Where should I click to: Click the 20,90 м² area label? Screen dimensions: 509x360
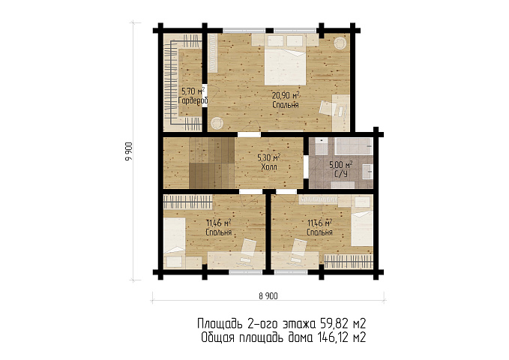286,95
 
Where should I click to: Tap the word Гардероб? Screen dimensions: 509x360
193,100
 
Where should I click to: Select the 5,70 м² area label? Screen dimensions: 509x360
193,91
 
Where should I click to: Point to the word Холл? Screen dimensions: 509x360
269,167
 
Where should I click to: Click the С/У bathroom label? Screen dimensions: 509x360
341,174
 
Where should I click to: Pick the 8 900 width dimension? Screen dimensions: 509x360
268,296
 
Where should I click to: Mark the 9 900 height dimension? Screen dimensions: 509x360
128,151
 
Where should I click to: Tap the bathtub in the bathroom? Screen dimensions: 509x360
354,146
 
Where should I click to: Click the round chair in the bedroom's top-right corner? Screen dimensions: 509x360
340,43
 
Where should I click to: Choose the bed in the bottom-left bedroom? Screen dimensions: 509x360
175,235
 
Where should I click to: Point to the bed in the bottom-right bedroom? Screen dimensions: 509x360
362,229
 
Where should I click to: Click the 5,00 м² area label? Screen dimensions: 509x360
341,165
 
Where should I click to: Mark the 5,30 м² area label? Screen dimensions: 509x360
269,158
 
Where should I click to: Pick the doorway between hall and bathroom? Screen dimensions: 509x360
306,166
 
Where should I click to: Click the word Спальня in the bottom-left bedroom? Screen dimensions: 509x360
218,232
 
